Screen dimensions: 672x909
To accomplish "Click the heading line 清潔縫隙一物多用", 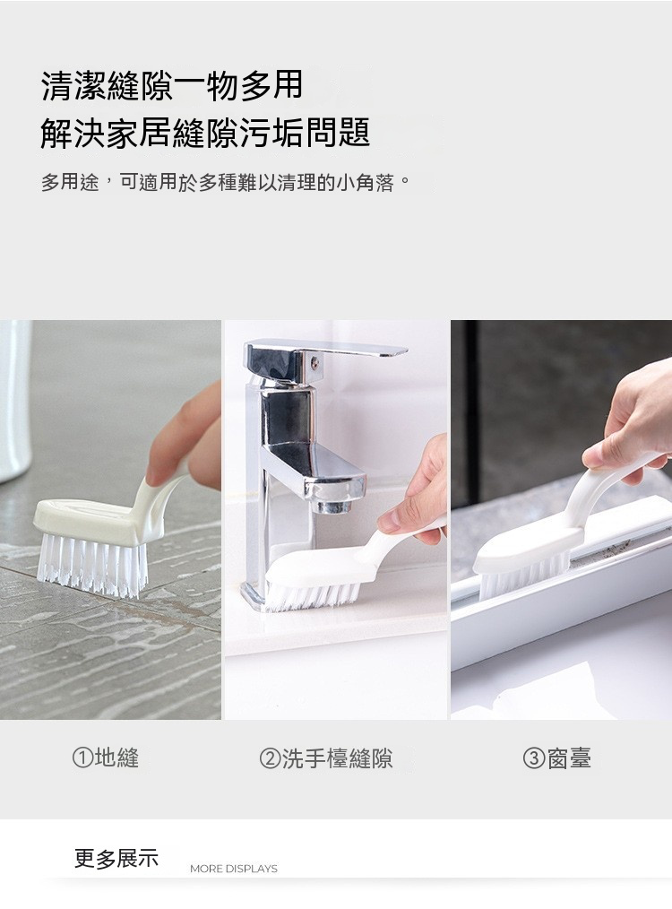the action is pyautogui.click(x=172, y=85).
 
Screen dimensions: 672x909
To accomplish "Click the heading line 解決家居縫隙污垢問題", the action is pyautogui.click(x=205, y=133).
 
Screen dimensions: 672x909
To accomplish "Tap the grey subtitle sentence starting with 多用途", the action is pyautogui.click(x=226, y=183).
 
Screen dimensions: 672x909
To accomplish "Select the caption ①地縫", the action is pyautogui.click(x=106, y=757).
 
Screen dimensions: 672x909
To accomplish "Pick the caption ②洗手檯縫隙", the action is pyautogui.click(x=326, y=757).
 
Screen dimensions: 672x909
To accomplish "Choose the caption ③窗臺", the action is pyautogui.click(x=556, y=757).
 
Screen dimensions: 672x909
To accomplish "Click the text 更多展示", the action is pyautogui.click(x=116, y=858).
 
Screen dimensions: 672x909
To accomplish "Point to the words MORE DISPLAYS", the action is pyautogui.click(x=234, y=869).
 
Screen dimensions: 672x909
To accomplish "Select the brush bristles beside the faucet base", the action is pyautogui.click(x=314, y=593).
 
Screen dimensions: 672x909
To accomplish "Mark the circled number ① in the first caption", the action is pyautogui.click(x=82, y=757).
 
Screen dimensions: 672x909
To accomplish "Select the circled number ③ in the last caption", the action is pyautogui.click(x=533, y=758).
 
